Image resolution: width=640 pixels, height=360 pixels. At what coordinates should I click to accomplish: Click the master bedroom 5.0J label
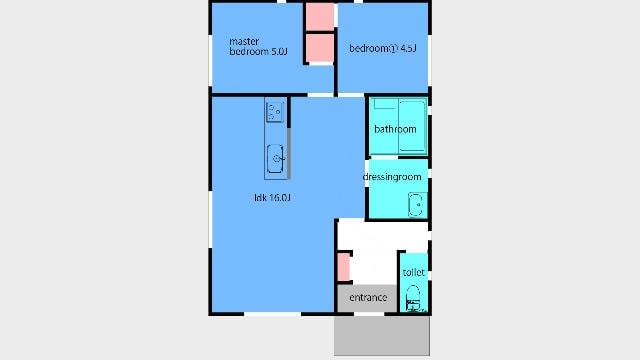(258, 47)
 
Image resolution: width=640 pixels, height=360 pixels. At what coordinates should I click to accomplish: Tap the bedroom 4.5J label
(383, 48)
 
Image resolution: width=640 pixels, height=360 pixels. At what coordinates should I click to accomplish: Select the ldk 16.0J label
(272, 198)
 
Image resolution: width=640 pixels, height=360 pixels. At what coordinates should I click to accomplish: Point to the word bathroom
(395, 129)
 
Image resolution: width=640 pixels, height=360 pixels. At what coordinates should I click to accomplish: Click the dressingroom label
(392, 177)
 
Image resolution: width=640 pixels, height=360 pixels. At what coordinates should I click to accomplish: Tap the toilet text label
(413, 272)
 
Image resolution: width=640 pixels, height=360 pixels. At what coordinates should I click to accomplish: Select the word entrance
(368, 298)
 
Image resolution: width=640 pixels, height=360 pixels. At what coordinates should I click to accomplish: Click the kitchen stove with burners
(275, 112)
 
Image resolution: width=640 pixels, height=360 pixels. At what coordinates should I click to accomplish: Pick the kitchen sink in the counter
(276, 158)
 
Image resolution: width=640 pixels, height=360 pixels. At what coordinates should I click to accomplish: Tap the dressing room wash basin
(416, 205)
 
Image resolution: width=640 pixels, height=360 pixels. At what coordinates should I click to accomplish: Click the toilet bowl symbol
(413, 298)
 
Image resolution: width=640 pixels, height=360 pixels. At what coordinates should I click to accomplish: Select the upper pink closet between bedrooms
(320, 17)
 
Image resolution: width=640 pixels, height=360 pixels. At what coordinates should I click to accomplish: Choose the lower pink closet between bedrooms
(320, 48)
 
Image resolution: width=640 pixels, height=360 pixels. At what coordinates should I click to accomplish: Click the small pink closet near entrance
(344, 267)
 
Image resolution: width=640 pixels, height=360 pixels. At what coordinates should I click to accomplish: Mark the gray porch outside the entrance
(382, 336)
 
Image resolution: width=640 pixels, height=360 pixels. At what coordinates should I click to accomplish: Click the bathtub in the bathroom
(412, 126)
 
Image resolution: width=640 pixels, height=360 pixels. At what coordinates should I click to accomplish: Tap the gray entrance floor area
(367, 298)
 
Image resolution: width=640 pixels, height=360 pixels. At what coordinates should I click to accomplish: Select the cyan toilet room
(413, 282)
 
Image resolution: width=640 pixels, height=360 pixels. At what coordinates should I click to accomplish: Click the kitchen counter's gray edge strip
(289, 153)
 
